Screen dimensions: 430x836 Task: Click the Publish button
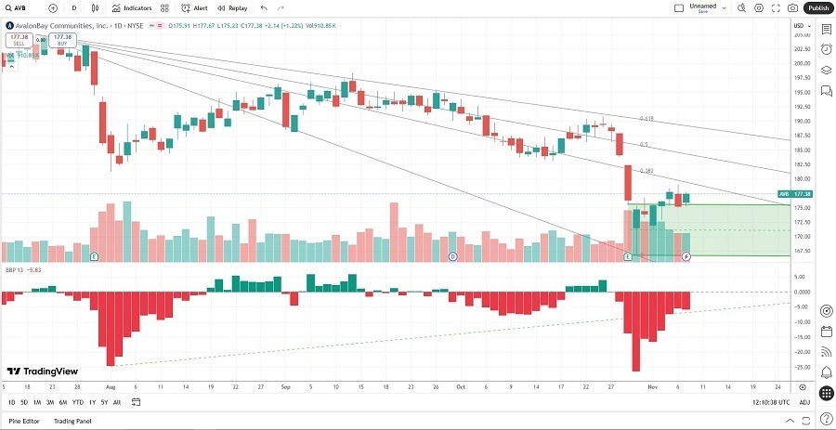(x=817, y=7)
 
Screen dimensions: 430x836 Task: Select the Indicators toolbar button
(x=133, y=7)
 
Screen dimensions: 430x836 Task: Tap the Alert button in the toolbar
(x=196, y=7)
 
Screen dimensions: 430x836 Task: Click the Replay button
(x=233, y=7)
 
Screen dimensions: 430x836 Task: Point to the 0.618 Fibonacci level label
(x=647, y=119)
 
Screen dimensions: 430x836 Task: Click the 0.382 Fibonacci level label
(x=647, y=171)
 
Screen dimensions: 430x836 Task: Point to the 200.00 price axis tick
(x=801, y=63)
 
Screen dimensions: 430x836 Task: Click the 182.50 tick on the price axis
(x=801, y=163)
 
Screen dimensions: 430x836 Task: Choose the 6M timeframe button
(x=62, y=402)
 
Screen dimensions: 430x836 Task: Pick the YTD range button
(x=78, y=402)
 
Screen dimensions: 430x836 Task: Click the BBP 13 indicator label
(x=14, y=269)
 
